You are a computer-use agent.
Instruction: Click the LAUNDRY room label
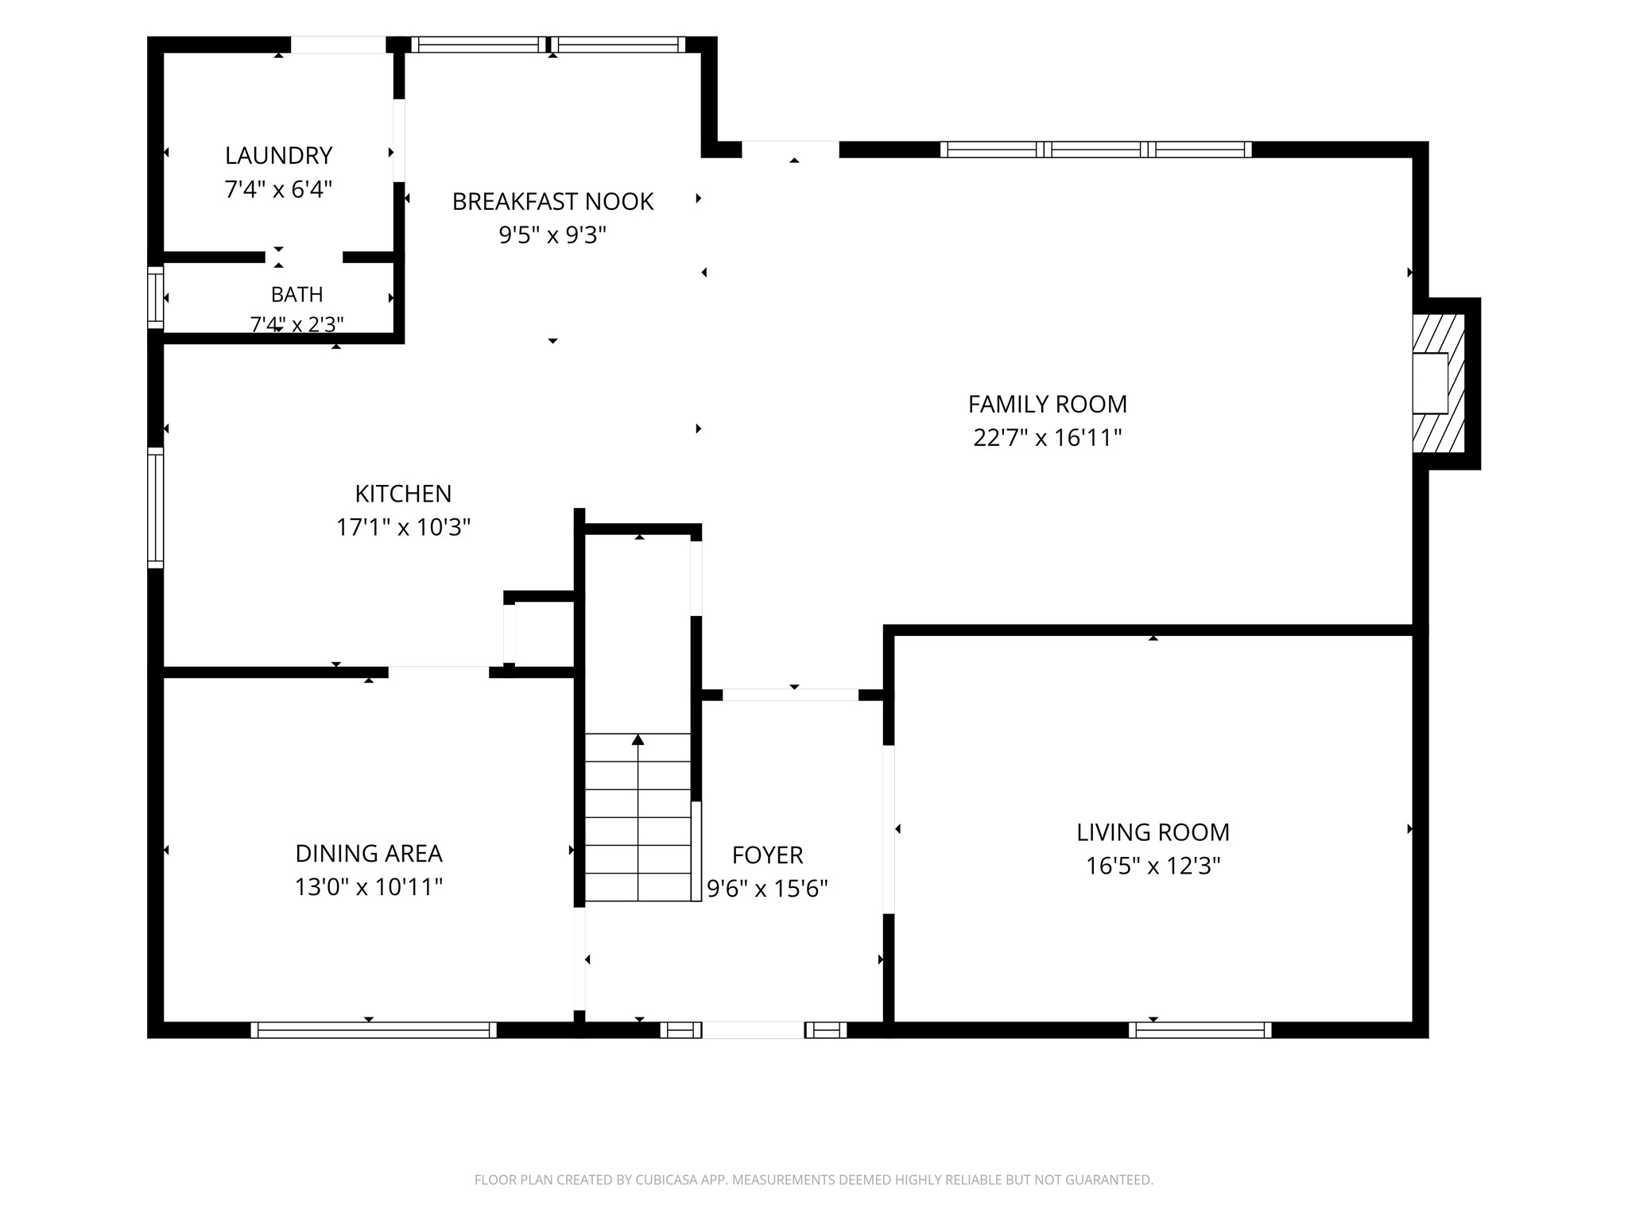click(x=278, y=155)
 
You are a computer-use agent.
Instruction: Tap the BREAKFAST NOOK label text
click(x=552, y=201)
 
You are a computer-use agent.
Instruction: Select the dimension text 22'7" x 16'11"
click(x=1047, y=437)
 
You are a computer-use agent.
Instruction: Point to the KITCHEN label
click(x=403, y=494)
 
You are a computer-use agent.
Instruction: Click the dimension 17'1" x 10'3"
click(x=403, y=527)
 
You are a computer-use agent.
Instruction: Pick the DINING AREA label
click(x=369, y=853)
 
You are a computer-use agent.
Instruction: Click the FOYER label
click(x=767, y=855)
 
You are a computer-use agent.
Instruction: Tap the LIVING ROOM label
click(x=1153, y=831)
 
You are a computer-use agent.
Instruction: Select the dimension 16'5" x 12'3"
click(x=1153, y=865)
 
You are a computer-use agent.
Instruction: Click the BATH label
click(x=297, y=294)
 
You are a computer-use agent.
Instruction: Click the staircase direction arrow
click(x=638, y=817)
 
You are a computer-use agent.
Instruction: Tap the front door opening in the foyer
click(x=753, y=1030)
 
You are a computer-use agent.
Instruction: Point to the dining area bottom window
click(x=374, y=1030)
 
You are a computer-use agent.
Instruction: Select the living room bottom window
click(x=1200, y=1030)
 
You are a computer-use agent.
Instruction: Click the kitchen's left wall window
click(x=156, y=508)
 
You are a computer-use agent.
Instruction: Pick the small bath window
click(x=156, y=297)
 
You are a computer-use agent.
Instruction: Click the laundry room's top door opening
click(x=338, y=45)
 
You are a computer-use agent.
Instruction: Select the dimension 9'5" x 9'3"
click(x=552, y=235)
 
